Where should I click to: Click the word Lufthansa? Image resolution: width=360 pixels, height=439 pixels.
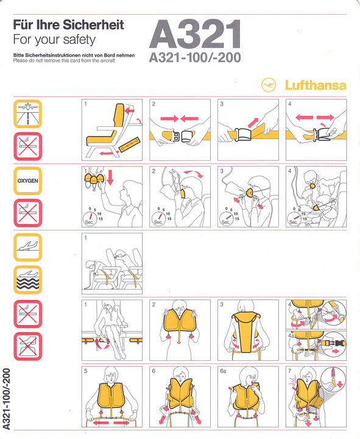(316, 85)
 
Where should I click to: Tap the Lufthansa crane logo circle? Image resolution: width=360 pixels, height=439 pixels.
(269, 85)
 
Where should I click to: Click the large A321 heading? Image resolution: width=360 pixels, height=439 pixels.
(195, 34)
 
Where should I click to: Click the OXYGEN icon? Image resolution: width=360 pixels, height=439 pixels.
(27, 181)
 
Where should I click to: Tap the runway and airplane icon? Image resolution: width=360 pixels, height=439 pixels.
(27, 113)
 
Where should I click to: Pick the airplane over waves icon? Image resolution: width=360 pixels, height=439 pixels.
(27, 280)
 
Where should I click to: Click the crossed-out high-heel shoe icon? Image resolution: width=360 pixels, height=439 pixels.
(27, 346)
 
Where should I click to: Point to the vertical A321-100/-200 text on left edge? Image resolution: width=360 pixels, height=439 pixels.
(6, 399)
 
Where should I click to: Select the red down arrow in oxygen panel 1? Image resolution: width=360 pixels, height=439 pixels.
(110, 177)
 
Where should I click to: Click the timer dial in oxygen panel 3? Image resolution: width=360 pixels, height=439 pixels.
(226, 218)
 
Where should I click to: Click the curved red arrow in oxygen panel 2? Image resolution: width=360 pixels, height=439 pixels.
(194, 173)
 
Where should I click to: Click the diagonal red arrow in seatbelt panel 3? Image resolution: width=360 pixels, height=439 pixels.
(253, 123)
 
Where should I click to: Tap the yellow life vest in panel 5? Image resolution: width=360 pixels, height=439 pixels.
(111, 395)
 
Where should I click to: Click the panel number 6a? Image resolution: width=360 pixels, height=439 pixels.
(223, 371)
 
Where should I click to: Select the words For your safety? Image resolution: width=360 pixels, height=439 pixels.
(54, 40)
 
